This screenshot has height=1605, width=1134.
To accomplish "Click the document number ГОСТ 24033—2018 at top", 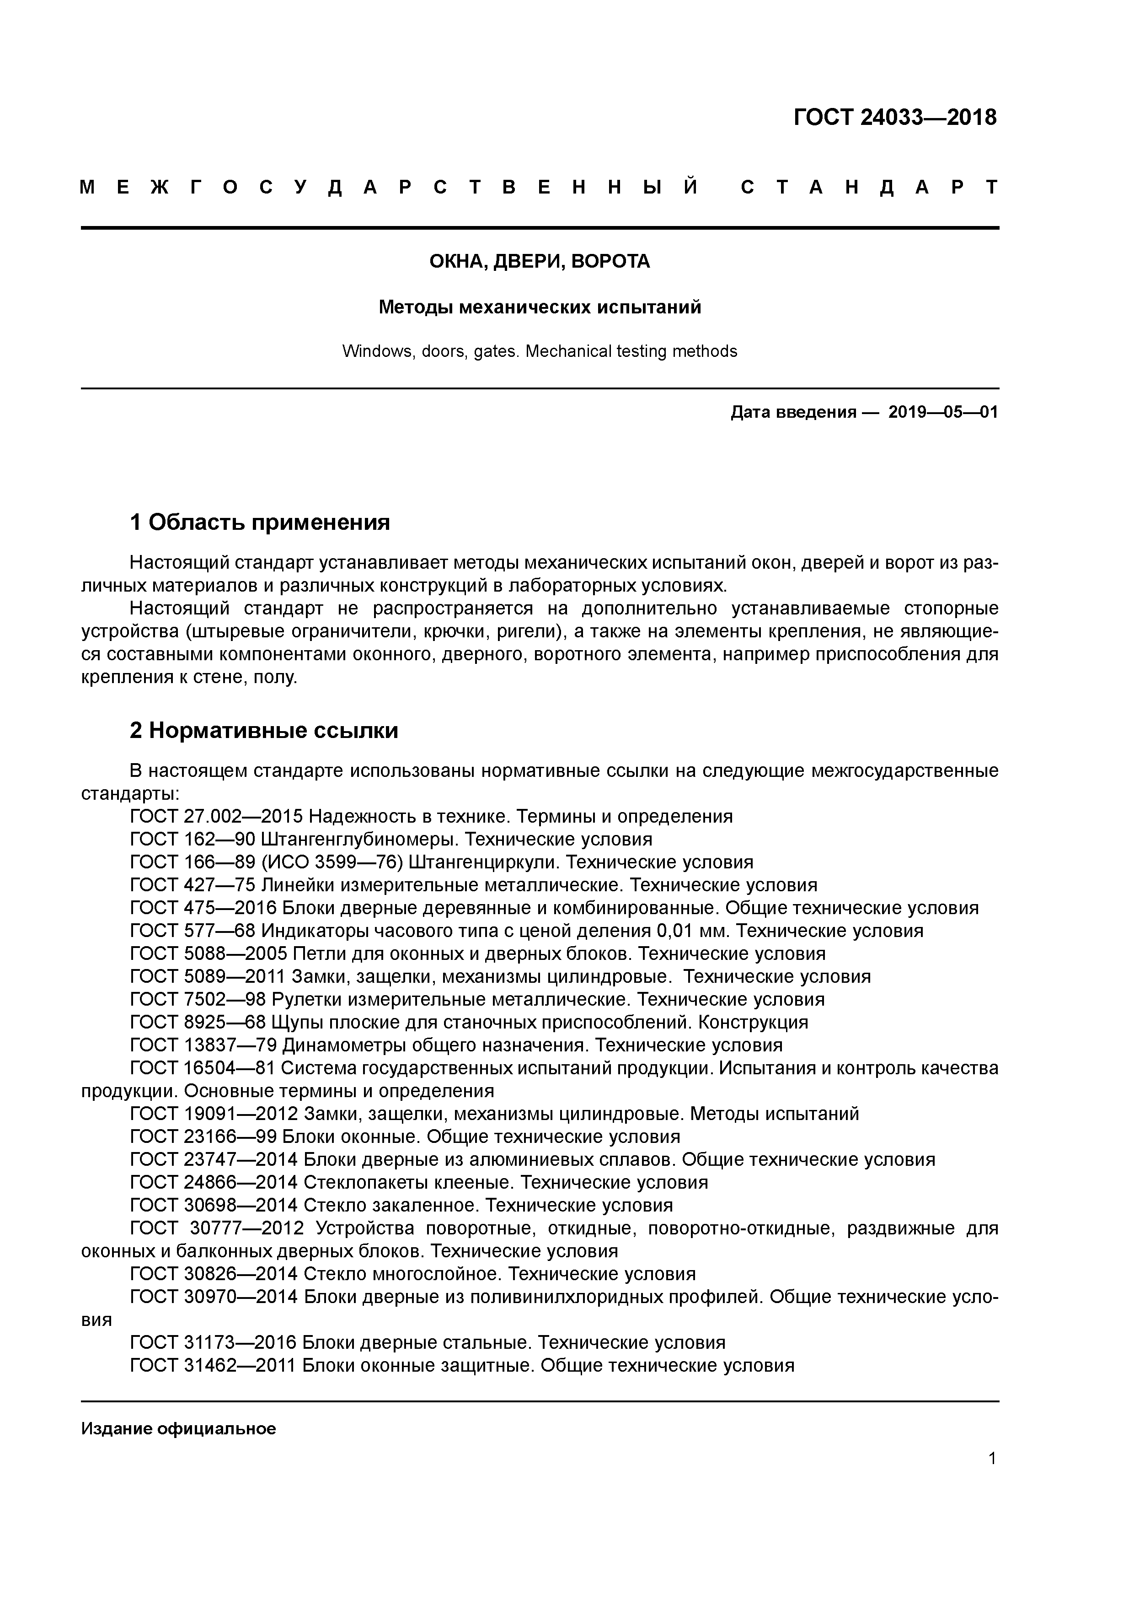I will click(x=894, y=118).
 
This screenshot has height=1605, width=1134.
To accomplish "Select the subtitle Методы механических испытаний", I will click(x=540, y=307).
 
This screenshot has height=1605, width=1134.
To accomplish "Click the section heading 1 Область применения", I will click(x=260, y=522).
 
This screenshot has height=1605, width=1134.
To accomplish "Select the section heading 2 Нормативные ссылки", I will click(x=264, y=731).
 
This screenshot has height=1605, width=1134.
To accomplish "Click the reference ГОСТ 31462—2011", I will click(x=213, y=1365).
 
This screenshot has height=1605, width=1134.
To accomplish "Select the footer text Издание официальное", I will click(x=178, y=1429).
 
